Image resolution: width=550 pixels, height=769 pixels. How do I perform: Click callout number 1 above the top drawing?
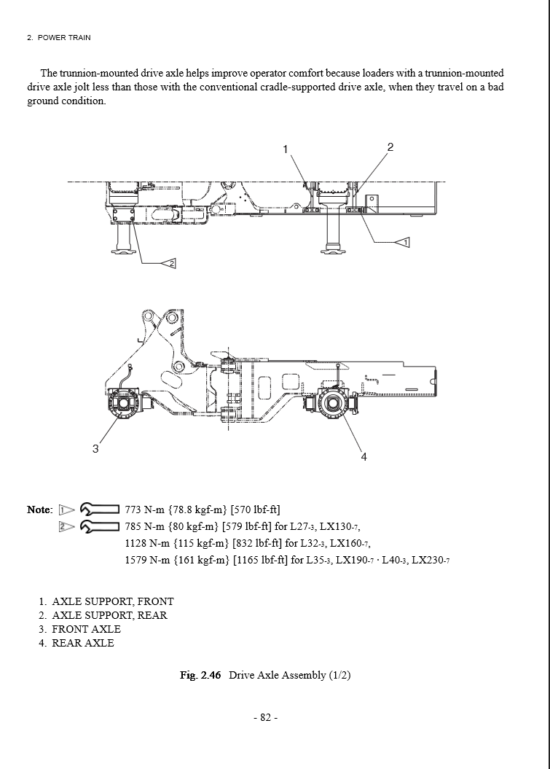286,149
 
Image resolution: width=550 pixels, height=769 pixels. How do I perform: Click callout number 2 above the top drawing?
390,147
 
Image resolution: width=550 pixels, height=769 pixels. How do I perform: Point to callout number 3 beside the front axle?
95,449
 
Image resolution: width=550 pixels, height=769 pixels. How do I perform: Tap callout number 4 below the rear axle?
364,456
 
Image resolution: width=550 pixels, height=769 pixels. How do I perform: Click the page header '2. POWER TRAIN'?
59,37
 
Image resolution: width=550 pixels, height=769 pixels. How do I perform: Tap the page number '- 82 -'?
265,718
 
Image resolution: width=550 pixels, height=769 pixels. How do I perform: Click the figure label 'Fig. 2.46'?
200,675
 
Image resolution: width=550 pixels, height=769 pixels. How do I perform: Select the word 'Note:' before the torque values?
40,510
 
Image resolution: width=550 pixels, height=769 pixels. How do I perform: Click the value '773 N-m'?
144,510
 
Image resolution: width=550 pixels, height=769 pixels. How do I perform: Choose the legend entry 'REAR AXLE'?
82,643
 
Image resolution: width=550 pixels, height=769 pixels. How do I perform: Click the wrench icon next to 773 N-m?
100,509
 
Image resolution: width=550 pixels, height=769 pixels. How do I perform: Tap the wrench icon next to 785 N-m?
100,526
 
